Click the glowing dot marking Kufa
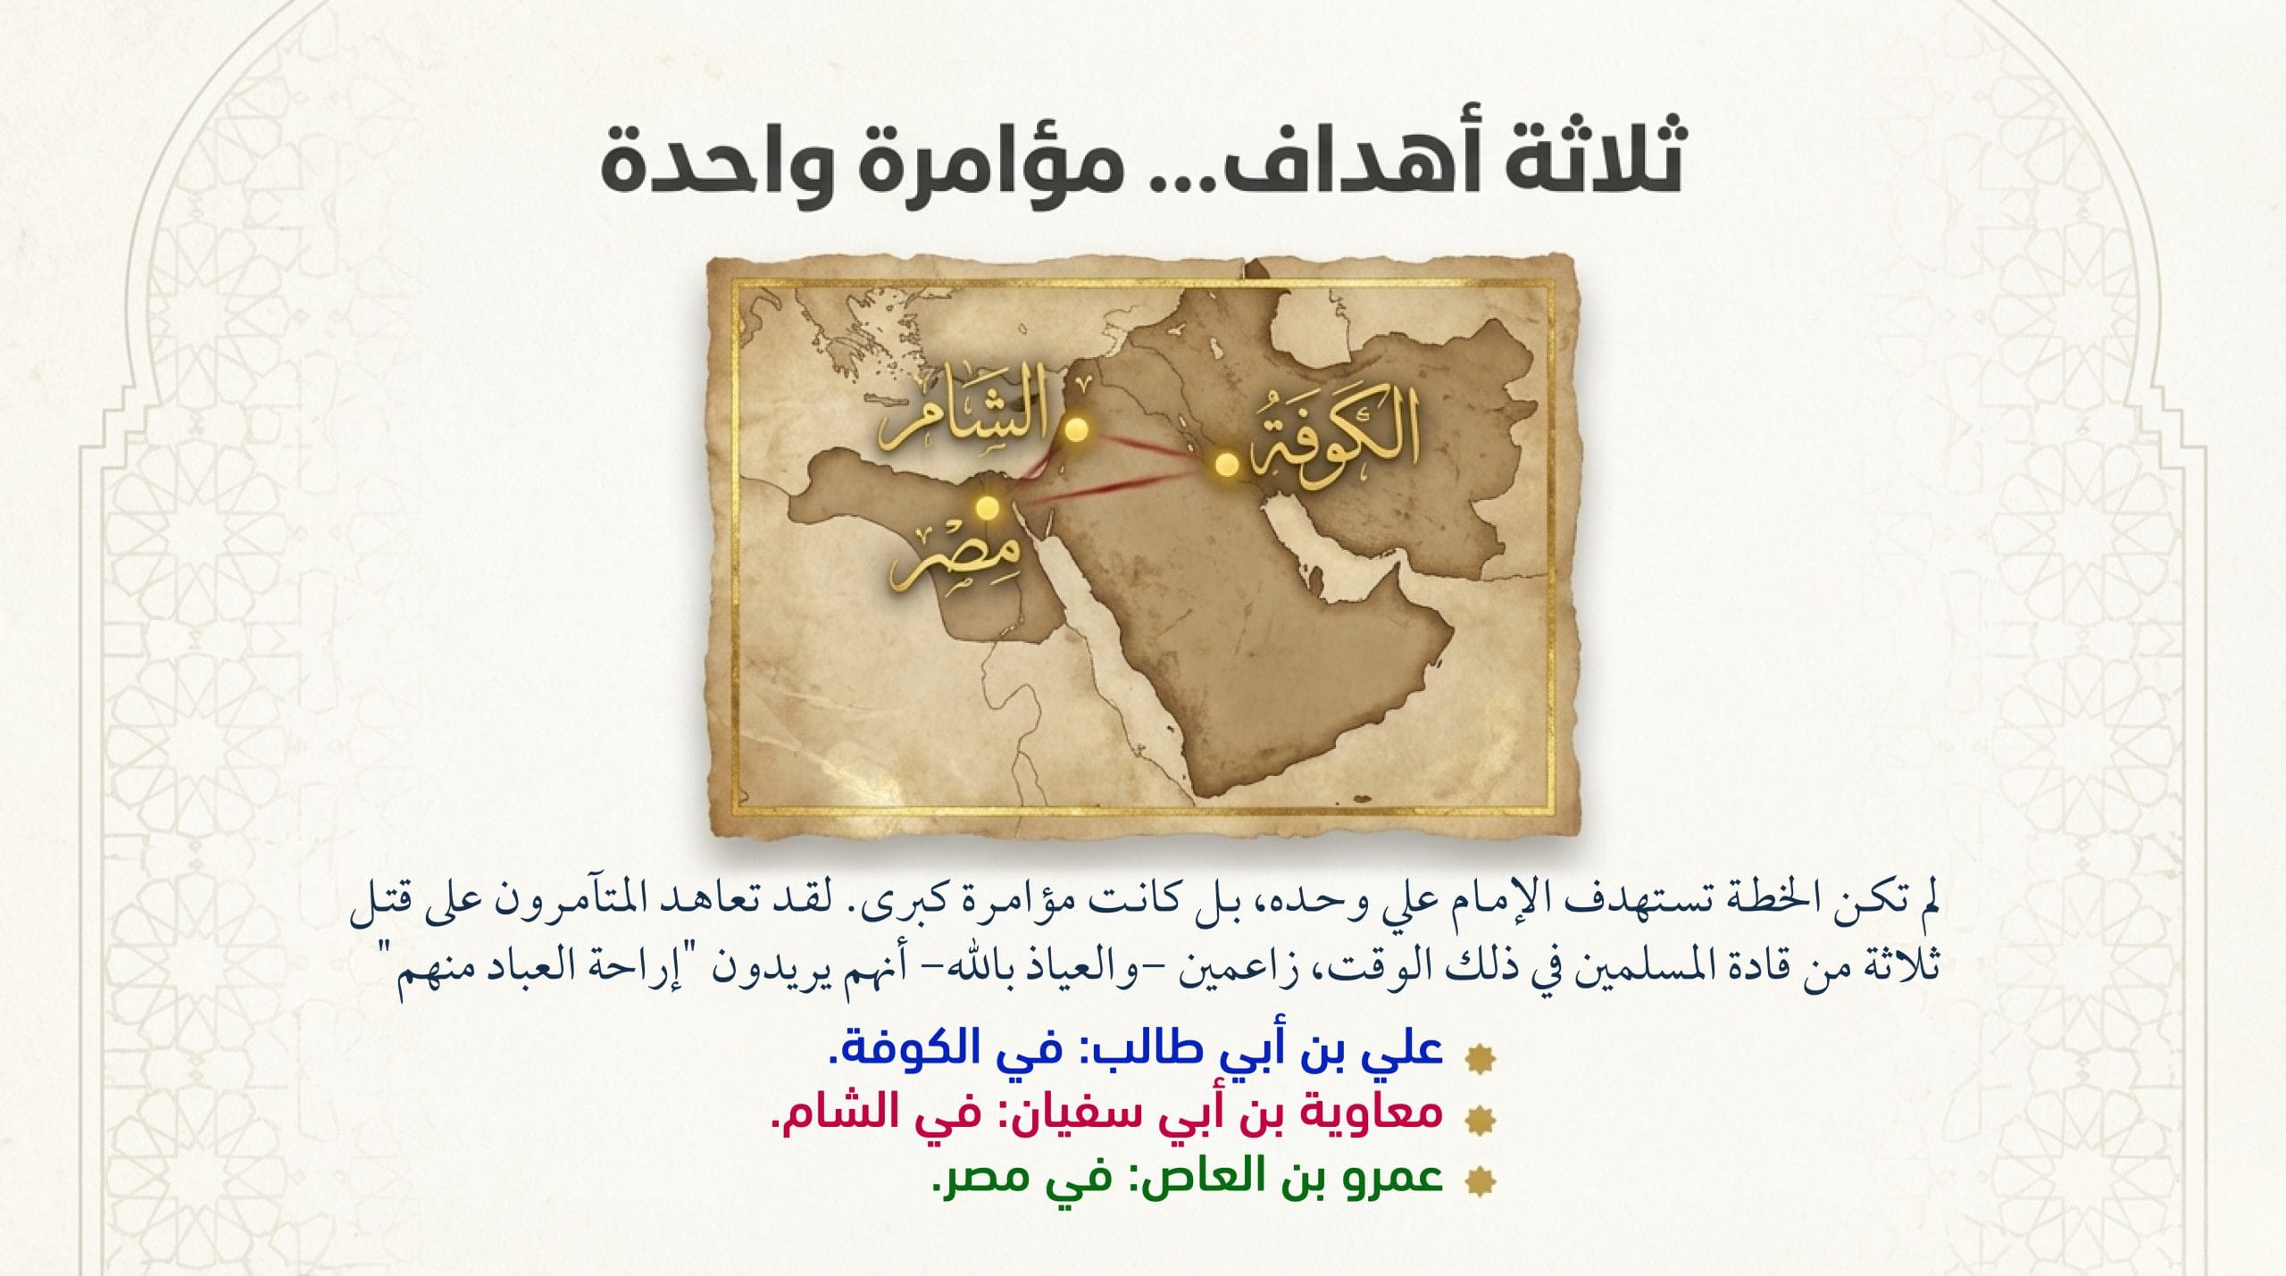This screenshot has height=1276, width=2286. click(1226, 464)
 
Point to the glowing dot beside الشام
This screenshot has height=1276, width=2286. click(1078, 430)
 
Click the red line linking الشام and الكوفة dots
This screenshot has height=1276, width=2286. click(1151, 447)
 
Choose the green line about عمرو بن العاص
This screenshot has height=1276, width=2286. click(1188, 1178)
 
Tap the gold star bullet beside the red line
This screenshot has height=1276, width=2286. click(1481, 1118)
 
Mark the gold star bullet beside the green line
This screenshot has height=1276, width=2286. click(1481, 1182)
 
